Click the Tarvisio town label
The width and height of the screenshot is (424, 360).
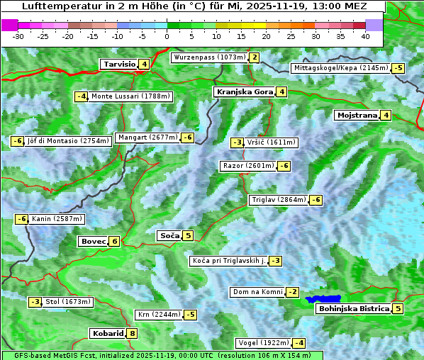point(119,64)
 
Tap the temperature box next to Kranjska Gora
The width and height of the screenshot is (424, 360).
point(281,91)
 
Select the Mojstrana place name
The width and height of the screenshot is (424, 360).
point(357,115)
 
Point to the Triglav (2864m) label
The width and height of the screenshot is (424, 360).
point(279,200)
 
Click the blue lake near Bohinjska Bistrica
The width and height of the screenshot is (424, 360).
point(324,300)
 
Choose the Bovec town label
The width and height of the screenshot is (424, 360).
point(94,241)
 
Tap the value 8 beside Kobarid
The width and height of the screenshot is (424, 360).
point(132,333)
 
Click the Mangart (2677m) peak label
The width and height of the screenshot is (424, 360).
point(147,137)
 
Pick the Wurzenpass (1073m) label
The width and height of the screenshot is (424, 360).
point(210,57)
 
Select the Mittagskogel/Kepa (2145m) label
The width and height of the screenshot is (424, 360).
point(340,68)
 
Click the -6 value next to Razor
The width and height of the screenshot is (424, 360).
point(284,166)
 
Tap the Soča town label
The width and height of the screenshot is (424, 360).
point(169,235)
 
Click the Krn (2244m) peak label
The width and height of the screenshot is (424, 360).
point(158,314)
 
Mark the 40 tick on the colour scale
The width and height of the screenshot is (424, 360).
point(365,35)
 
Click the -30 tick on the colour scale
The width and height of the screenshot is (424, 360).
point(18,35)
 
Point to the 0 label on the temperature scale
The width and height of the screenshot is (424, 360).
point(167,35)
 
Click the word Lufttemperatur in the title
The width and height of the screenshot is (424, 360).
point(50,6)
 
